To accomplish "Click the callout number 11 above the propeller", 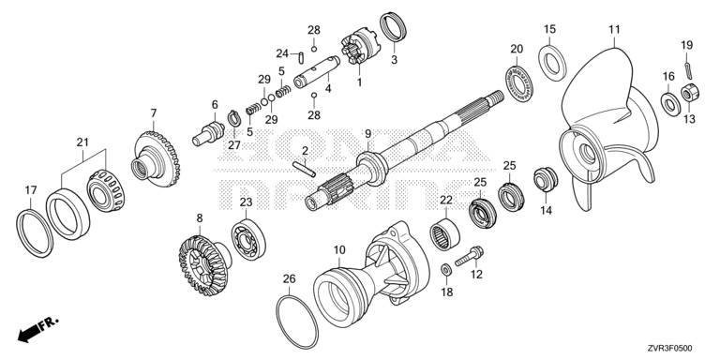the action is [x=614, y=30].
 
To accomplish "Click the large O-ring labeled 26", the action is [x=297, y=322].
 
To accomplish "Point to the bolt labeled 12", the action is [x=469, y=256].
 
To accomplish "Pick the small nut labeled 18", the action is [x=445, y=270].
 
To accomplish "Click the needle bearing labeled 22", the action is [x=445, y=235].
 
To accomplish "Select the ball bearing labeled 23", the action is [x=248, y=238].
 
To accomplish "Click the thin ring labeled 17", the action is [x=35, y=232].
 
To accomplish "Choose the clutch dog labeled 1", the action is [x=359, y=48].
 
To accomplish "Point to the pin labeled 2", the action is [x=304, y=168].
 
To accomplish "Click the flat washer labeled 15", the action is [x=552, y=63].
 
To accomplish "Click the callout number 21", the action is [x=82, y=142].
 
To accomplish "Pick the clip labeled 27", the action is [x=234, y=119].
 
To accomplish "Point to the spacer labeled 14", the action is [x=546, y=180].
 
